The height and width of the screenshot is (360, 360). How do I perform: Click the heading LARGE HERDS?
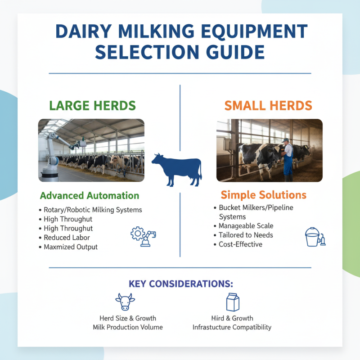pos(92,106)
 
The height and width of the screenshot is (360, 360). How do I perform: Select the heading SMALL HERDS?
pos(268,106)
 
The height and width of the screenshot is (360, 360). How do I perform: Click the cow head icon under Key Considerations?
pos(125,301)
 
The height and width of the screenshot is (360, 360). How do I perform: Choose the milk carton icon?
pos(232,301)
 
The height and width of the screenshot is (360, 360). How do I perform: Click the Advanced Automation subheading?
pos(90,196)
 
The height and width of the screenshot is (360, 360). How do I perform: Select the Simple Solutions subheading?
pos(263,195)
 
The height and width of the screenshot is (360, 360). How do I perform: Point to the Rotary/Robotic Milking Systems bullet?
pos(93,210)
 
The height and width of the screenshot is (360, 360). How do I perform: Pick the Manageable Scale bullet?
pos(246,226)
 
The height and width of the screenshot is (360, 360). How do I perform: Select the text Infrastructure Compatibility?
pos(232,327)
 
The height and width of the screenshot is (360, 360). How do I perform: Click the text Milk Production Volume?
pos(128,327)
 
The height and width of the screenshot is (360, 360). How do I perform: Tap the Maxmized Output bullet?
pos(71,247)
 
